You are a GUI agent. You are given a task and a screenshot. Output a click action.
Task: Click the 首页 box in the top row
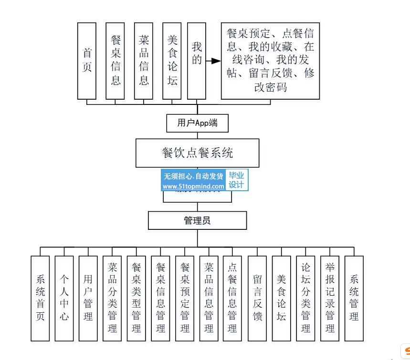[87, 61]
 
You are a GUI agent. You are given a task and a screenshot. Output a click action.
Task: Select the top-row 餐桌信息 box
[116, 61]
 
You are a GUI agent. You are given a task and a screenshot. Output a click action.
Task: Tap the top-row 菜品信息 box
[144, 61]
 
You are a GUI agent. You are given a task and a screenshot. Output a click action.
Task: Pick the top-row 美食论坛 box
[172, 61]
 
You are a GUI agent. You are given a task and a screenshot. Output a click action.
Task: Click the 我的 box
[197, 61]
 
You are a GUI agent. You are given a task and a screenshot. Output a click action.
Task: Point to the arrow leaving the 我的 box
[213, 61]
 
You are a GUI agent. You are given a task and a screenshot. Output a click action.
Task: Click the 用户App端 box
[197, 123]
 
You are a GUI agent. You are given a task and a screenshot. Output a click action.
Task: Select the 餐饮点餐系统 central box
[197, 153]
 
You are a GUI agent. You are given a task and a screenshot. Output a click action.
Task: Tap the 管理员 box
[197, 221]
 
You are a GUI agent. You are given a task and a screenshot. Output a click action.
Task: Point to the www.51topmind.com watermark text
[194, 186]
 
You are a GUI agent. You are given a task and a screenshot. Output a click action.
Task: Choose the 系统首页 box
[40, 298]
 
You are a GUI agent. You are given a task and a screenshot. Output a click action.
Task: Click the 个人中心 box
[64, 298]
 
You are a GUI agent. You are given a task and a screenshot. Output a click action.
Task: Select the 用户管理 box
[88, 298]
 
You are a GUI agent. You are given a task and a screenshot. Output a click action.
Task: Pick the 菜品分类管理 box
[113, 298]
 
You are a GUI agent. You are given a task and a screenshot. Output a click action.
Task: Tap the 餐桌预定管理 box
[185, 298]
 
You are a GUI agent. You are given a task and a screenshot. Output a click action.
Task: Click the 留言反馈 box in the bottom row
[257, 298]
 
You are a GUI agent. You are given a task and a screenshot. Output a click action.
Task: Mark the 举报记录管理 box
[330, 298]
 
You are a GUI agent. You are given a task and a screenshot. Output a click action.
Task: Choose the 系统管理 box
[354, 298]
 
